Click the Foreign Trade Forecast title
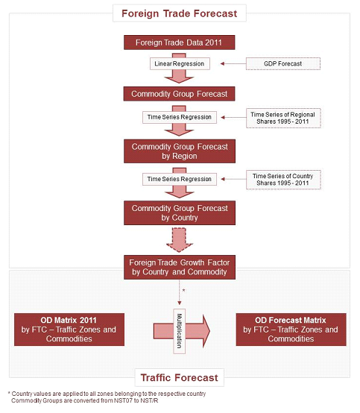click(x=180, y=13)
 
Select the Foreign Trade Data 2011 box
click(x=180, y=42)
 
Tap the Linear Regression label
click(x=180, y=64)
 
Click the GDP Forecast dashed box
click(x=283, y=64)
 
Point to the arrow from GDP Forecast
click(x=233, y=64)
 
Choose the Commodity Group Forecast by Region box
click(x=180, y=151)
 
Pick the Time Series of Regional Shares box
click(x=283, y=118)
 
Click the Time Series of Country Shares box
click(x=283, y=180)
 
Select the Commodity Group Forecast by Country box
click(x=180, y=212)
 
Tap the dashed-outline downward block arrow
click(x=180, y=240)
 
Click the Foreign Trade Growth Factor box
click(x=180, y=267)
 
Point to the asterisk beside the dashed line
click(x=183, y=290)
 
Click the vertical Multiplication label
click(x=180, y=331)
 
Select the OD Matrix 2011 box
click(x=69, y=330)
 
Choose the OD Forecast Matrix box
click(x=291, y=330)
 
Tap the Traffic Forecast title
click(x=180, y=378)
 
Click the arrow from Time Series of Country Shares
click(x=233, y=179)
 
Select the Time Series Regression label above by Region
click(x=180, y=117)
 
